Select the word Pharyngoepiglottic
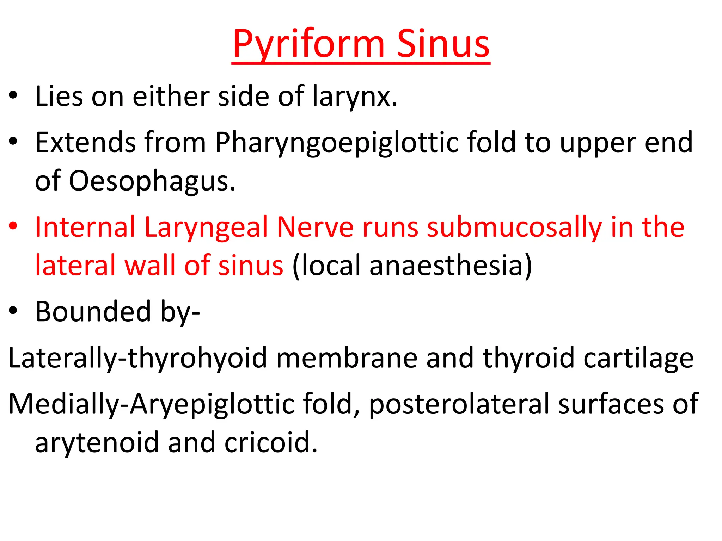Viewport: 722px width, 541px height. (x=337, y=143)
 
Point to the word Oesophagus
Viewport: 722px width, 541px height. (x=152, y=181)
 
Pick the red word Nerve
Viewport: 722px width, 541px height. (x=315, y=227)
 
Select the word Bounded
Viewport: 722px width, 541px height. (x=93, y=312)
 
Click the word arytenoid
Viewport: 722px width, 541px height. (x=97, y=442)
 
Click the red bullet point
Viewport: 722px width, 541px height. (x=13, y=226)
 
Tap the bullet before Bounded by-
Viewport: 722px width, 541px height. (x=13, y=310)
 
